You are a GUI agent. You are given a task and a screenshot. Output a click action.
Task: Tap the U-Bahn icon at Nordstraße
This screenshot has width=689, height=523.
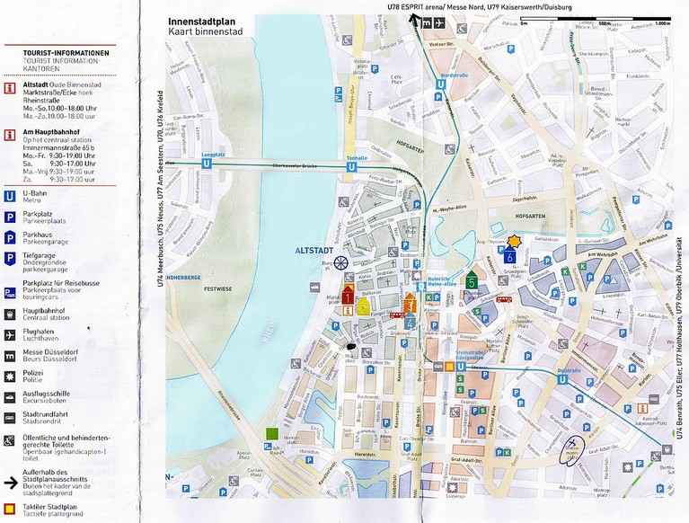[x=439, y=87]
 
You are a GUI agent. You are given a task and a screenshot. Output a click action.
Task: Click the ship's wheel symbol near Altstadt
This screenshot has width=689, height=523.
[x=341, y=262]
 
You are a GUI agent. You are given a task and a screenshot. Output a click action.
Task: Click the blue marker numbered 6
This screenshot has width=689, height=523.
[x=509, y=255]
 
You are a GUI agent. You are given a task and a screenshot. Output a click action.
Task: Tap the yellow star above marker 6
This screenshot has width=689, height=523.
[x=514, y=241]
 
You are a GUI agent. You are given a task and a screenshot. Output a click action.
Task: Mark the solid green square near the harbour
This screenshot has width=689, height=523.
[x=272, y=435]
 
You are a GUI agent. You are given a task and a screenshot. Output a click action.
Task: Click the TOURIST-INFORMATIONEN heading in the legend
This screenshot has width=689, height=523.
[x=66, y=55]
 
